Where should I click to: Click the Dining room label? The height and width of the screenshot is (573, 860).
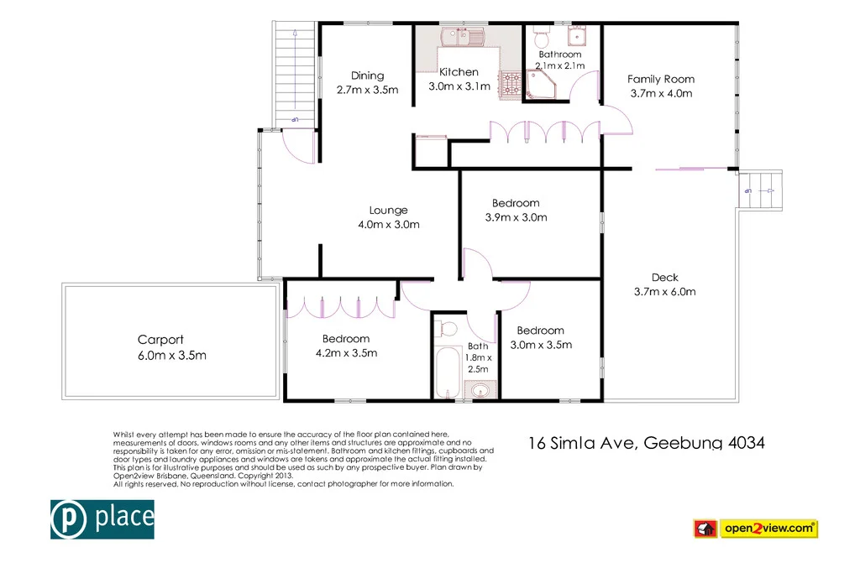[367, 76]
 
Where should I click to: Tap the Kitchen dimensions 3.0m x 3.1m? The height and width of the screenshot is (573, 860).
[459, 86]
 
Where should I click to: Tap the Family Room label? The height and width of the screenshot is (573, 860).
[661, 79]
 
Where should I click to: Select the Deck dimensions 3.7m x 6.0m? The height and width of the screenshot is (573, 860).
[664, 292]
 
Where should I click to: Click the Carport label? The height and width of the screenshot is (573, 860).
[160, 340]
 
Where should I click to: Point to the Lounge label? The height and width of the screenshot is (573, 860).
[388, 211]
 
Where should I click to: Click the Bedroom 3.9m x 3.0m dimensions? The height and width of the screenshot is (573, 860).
[516, 217]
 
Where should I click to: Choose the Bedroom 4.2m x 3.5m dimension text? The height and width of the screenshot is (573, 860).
[345, 352]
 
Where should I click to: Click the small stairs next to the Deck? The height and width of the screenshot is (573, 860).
[763, 185]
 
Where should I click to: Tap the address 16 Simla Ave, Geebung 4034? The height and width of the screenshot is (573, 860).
[646, 443]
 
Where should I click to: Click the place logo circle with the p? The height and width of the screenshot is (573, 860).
[67, 518]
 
